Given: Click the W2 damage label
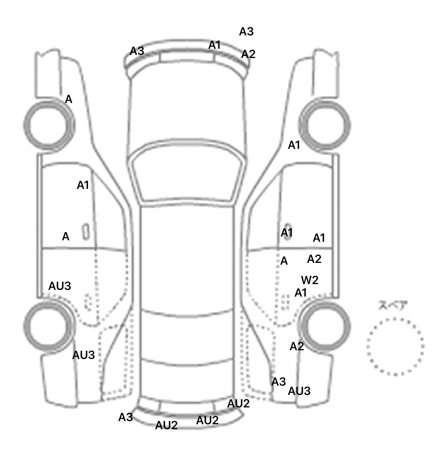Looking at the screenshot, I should [310, 280].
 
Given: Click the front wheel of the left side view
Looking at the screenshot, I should [49, 125].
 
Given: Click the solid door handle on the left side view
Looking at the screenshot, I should [86, 232].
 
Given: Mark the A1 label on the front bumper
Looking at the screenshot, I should [215, 45].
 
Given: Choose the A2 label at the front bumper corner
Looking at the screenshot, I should [248, 54].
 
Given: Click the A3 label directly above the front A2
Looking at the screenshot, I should [246, 32].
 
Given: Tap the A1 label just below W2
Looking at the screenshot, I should [301, 293].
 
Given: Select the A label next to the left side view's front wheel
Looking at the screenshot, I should [69, 100].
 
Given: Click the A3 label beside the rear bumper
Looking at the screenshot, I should [125, 417].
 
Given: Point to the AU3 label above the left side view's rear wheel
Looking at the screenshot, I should [60, 286].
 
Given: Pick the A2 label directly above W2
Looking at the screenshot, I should [314, 259].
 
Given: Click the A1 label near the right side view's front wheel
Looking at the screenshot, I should [294, 145].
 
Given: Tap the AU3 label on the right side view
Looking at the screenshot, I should [299, 391].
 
